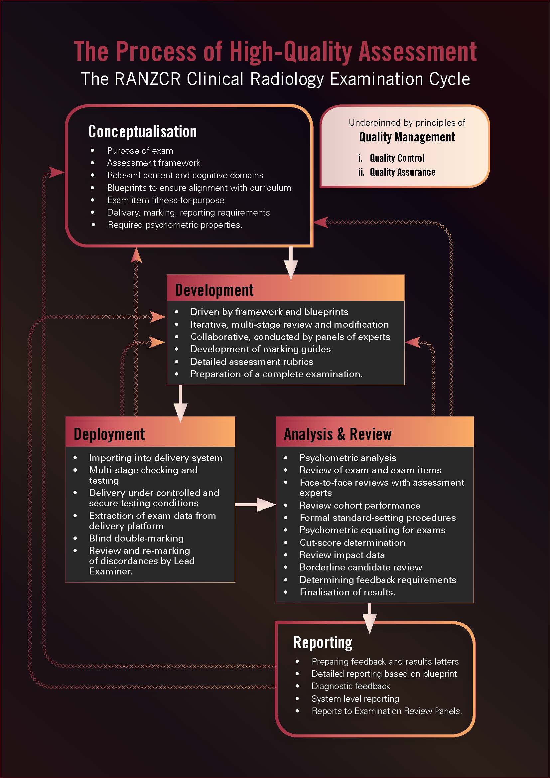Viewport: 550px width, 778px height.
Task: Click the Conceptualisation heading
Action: [142, 131]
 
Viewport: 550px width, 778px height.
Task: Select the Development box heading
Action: [214, 290]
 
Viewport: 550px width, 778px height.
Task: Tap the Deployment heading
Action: [109, 434]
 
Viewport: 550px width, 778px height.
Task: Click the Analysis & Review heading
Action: [338, 434]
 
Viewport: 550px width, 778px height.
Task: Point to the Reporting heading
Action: [323, 642]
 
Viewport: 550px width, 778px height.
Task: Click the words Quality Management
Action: [407, 137]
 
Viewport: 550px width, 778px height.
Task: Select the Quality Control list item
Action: [397, 158]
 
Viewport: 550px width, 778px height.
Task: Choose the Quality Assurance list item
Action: [402, 172]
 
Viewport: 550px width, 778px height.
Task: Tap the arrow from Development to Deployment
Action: [180, 403]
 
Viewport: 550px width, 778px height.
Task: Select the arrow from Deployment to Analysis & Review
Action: [256, 505]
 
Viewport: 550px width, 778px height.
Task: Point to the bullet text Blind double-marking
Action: [136, 539]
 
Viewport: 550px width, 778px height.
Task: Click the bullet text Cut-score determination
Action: [352, 543]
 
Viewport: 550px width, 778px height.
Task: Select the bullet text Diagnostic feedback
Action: [351, 686]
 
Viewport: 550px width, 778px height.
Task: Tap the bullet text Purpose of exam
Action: [140, 151]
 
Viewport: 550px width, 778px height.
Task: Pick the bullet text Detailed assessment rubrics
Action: [252, 362]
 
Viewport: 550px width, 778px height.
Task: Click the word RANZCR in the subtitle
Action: [147, 79]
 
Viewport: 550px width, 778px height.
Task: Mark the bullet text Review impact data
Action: [342, 555]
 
